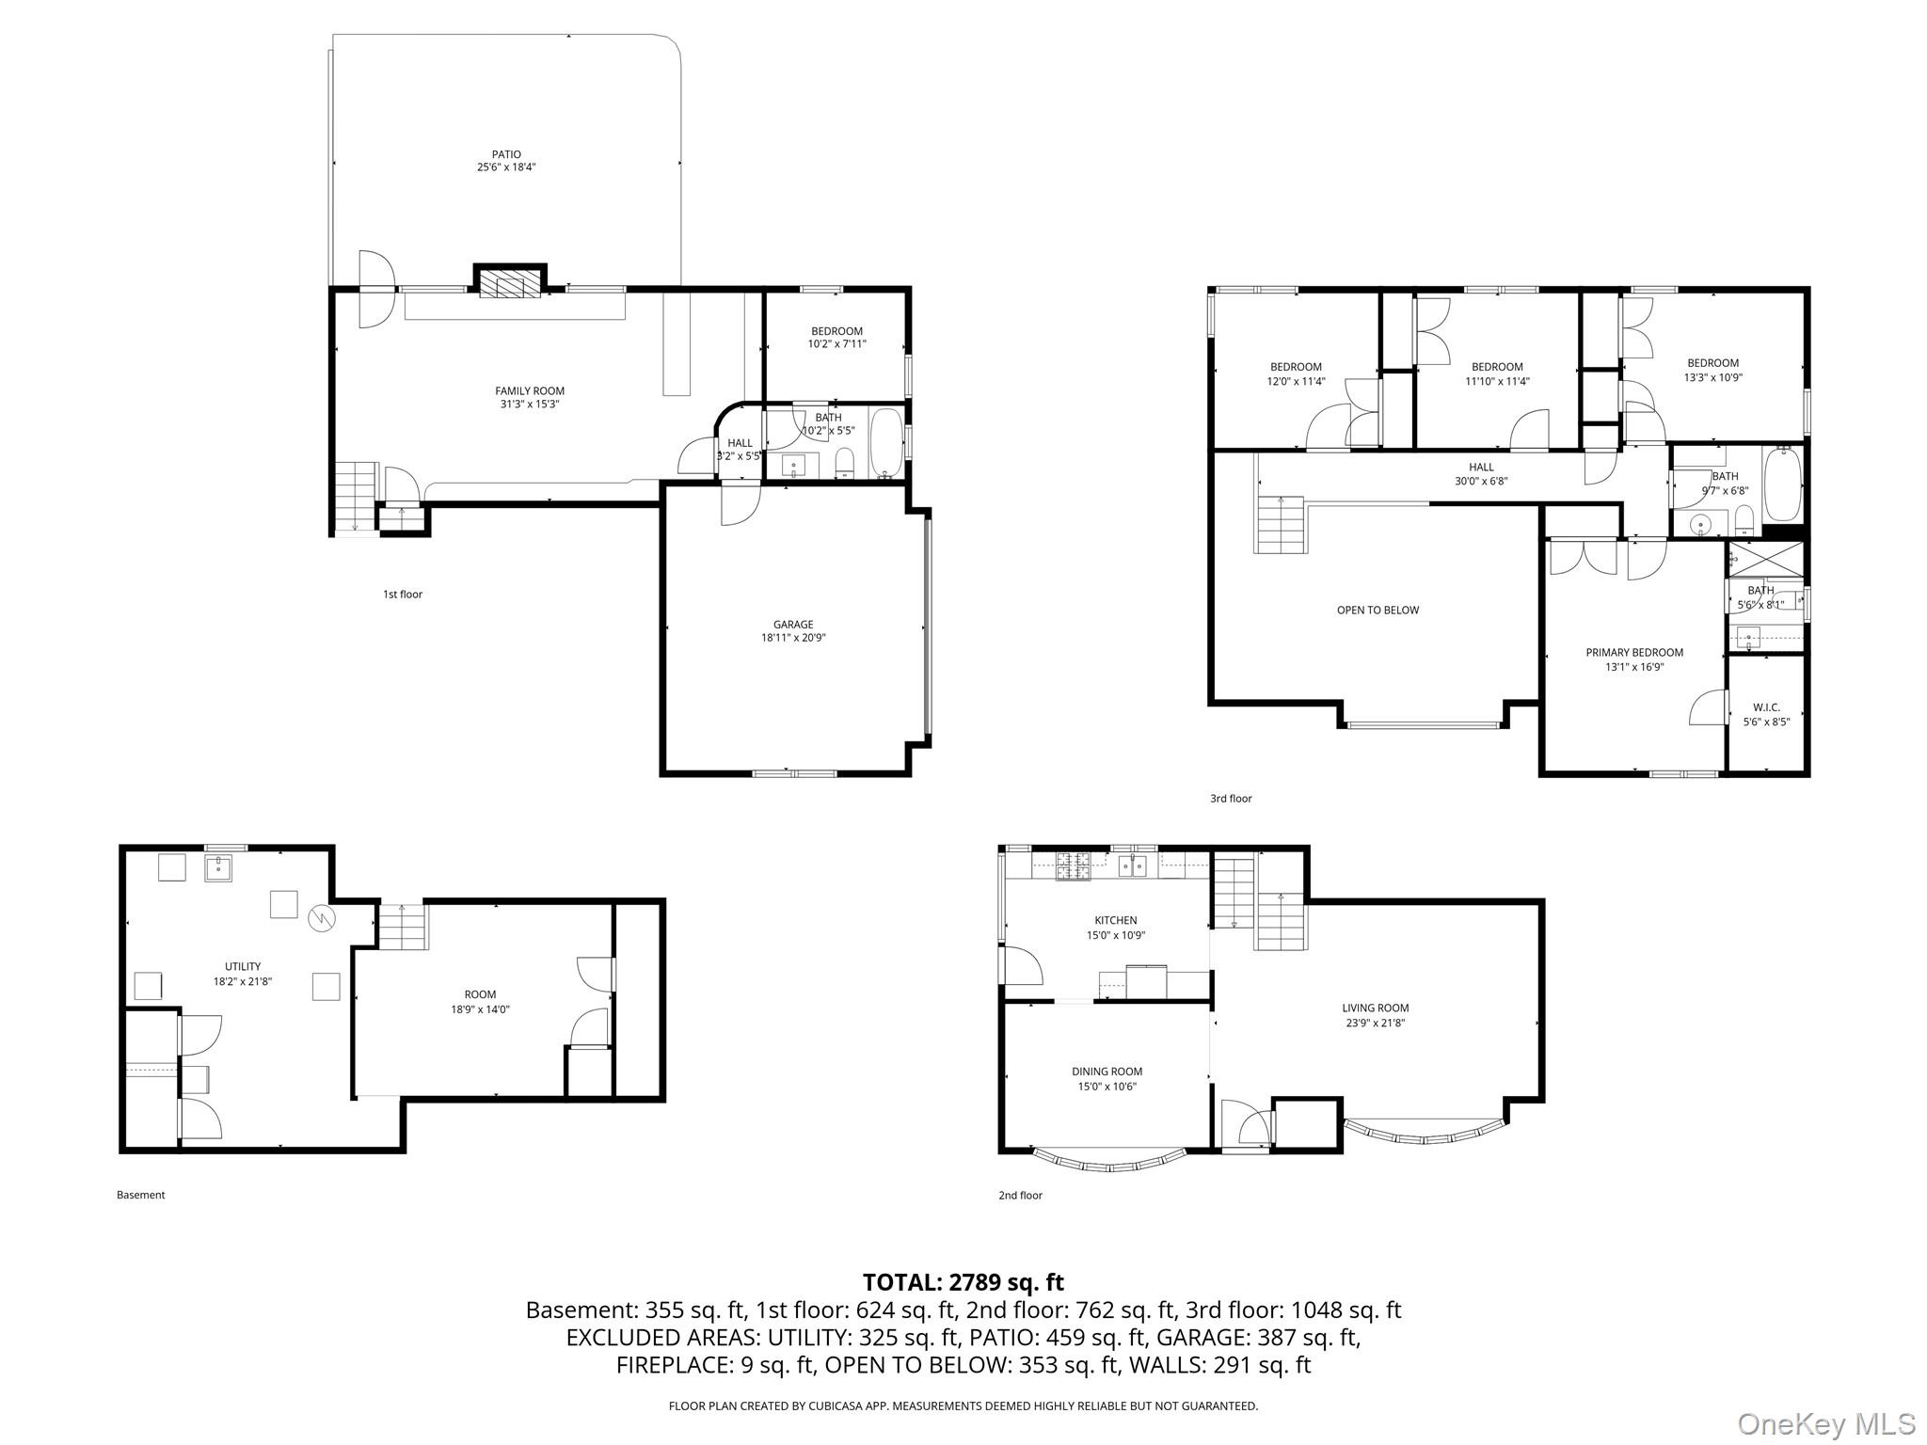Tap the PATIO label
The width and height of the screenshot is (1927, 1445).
point(506,155)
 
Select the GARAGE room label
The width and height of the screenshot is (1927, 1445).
point(793,625)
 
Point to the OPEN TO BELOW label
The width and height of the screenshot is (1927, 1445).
point(1378,611)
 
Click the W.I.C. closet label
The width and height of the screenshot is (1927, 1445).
point(1766,707)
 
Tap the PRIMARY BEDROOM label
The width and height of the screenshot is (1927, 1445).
point(1634,653)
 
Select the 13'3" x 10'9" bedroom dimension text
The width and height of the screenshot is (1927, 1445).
point(1712,378)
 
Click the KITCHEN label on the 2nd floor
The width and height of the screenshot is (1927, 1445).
point(1115,921)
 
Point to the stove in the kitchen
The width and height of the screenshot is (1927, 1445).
point(1073,865)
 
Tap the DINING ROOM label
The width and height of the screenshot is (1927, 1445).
point(1107,1072)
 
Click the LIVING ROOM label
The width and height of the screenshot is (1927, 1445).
point(1375,1008)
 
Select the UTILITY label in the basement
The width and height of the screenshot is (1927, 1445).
point(243,967)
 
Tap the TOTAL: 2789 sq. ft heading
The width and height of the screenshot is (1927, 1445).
point(963,1282)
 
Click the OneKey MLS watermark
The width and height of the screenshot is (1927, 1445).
point(1826,1424)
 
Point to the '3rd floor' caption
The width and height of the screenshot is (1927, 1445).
point(1231,799)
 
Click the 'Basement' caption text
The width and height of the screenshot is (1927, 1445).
point(141,1195)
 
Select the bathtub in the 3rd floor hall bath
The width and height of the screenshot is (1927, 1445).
point(1782,486)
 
